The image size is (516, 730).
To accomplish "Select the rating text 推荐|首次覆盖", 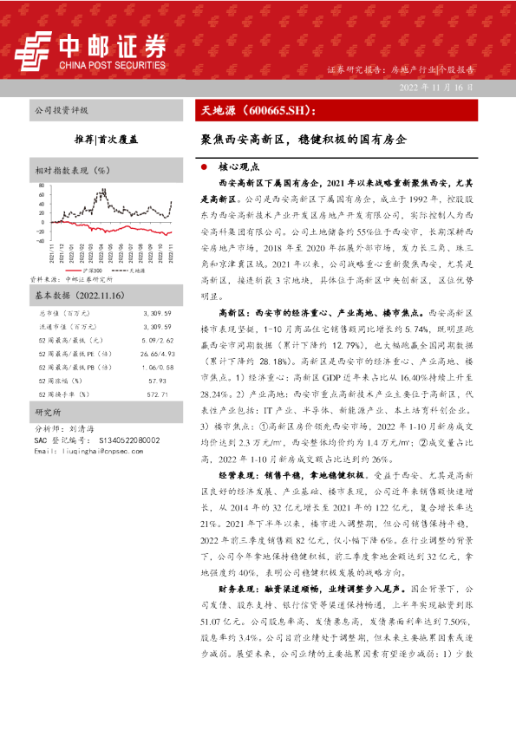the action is point(107,137).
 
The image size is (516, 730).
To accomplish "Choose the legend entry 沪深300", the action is point(91,270).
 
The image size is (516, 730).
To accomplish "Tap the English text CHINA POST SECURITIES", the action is point(113,63).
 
